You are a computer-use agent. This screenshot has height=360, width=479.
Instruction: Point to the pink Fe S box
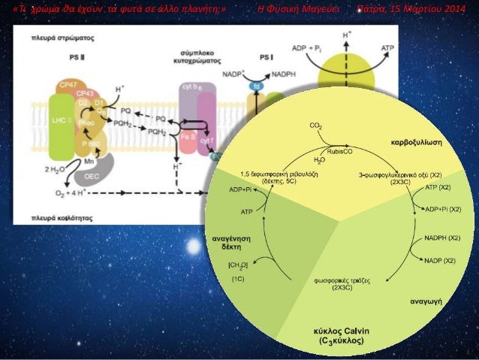(x=188, y=139)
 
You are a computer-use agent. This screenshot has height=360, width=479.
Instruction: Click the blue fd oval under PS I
(x=255, y=95)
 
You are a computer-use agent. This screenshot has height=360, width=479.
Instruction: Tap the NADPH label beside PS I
(x=284, y=74)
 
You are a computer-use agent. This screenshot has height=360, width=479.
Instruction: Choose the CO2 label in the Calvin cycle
(x=316, y=126)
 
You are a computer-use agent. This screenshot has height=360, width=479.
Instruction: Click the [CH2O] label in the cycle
(x=238, y=265)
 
